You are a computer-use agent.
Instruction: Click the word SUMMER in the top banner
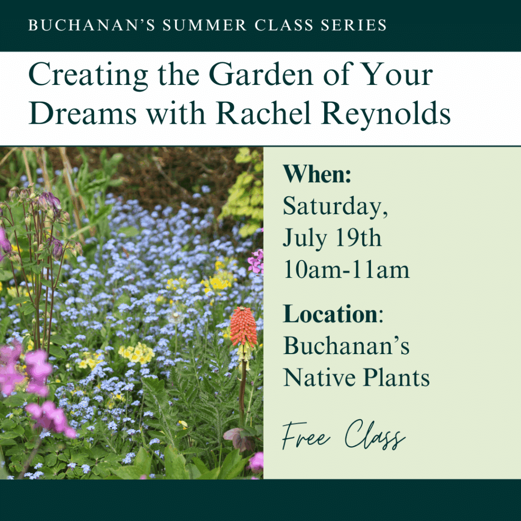[205, 25]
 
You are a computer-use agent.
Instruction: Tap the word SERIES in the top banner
[354, 25]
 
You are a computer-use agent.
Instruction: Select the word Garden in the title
[261, 75]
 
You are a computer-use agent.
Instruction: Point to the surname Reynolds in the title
[386, 114]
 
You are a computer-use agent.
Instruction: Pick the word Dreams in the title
[83, 112]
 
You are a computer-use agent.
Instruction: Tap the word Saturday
[335, 207]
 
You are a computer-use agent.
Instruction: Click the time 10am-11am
[346, 269]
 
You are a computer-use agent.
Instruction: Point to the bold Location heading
[330, 313]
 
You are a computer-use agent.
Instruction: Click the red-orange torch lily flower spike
[243, 327]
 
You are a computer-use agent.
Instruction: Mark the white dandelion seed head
[176, 318]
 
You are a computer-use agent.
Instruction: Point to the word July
[304, 239]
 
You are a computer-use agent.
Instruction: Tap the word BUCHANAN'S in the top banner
[92, 25]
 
